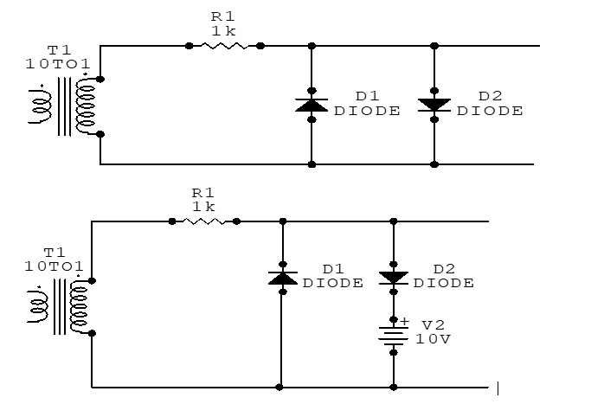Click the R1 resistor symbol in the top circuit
225,46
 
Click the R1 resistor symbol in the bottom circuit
204,221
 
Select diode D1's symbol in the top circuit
312,105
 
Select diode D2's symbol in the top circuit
434,105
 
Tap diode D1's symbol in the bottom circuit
283,278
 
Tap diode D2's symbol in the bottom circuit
394,278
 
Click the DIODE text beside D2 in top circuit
490,111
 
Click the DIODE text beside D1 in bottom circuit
333,283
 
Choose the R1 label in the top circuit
222,16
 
